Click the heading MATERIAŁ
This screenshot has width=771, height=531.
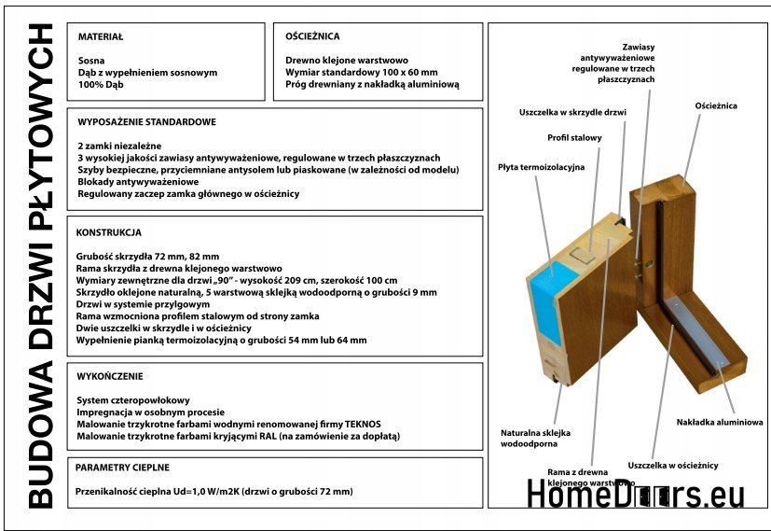[101, 37]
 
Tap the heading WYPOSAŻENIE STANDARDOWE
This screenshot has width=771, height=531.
[147, 122]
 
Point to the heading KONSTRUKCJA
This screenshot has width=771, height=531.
[108, 231]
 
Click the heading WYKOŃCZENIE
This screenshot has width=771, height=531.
[110, 377]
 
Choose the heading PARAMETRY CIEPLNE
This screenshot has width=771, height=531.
[122, 467]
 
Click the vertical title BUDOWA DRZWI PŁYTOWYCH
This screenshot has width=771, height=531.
[39, 266]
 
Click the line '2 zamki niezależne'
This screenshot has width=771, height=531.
[119, 147]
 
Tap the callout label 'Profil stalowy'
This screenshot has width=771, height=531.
[574, 138]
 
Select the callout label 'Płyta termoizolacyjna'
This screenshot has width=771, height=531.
[541, 167]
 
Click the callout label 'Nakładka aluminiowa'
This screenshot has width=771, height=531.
[720, 422]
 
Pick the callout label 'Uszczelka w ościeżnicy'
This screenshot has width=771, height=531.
[672, 464]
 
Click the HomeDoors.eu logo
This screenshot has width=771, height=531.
[635, 495]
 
